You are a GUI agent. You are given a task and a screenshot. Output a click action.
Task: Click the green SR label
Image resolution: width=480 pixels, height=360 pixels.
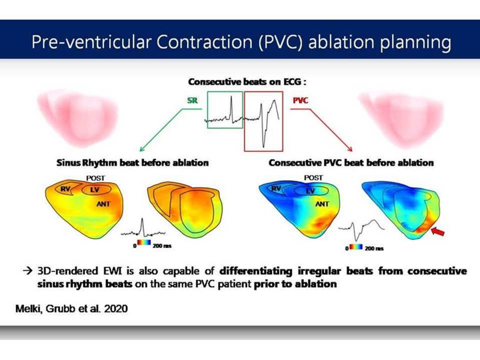coord(192,100)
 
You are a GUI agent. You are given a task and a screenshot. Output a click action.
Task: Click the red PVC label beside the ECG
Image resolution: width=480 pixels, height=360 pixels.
coord(300,100)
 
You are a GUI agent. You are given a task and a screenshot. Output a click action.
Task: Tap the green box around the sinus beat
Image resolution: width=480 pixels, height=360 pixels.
coord(207,109)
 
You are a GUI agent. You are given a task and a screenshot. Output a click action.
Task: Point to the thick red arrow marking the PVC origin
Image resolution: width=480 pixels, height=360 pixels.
coord(437,231)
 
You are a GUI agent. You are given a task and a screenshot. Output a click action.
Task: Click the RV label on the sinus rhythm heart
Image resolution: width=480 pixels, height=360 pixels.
coord(65,189)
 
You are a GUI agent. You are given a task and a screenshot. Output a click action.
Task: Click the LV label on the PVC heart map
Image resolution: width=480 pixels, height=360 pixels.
coord(310,191)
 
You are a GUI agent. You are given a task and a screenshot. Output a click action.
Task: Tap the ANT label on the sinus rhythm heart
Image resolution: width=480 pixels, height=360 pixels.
coord(103,204)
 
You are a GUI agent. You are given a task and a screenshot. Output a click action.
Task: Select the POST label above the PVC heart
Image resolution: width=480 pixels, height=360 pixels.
coord(313,178)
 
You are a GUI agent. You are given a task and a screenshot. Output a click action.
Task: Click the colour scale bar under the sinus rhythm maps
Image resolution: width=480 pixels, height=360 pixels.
coord(144,242)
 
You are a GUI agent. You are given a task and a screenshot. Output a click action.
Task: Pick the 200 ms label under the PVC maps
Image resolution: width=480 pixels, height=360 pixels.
coord(374,248)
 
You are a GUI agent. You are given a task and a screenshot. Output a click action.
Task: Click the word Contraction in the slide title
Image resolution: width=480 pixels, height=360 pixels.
coord(204,42)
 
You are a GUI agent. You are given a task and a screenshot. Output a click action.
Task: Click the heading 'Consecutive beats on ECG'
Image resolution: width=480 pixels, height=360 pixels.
coord(247,82)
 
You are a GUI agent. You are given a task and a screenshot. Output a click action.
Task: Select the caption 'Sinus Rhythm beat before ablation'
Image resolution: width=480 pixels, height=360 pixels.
coord(132,162)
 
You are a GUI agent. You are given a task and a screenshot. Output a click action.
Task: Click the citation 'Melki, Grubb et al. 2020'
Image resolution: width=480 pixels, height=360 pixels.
coord(71,308)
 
